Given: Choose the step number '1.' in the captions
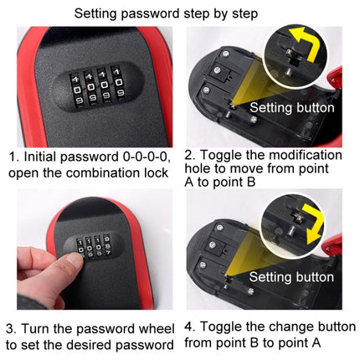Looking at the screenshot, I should click(x=13, y=157).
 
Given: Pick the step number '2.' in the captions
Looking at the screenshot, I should click(x=189, y=156).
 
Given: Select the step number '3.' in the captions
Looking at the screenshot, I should click(x=13, y=327).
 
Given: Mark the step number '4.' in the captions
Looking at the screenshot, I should click(x=189, y=327).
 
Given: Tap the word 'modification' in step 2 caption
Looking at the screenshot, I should click(x=289, y=156).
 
